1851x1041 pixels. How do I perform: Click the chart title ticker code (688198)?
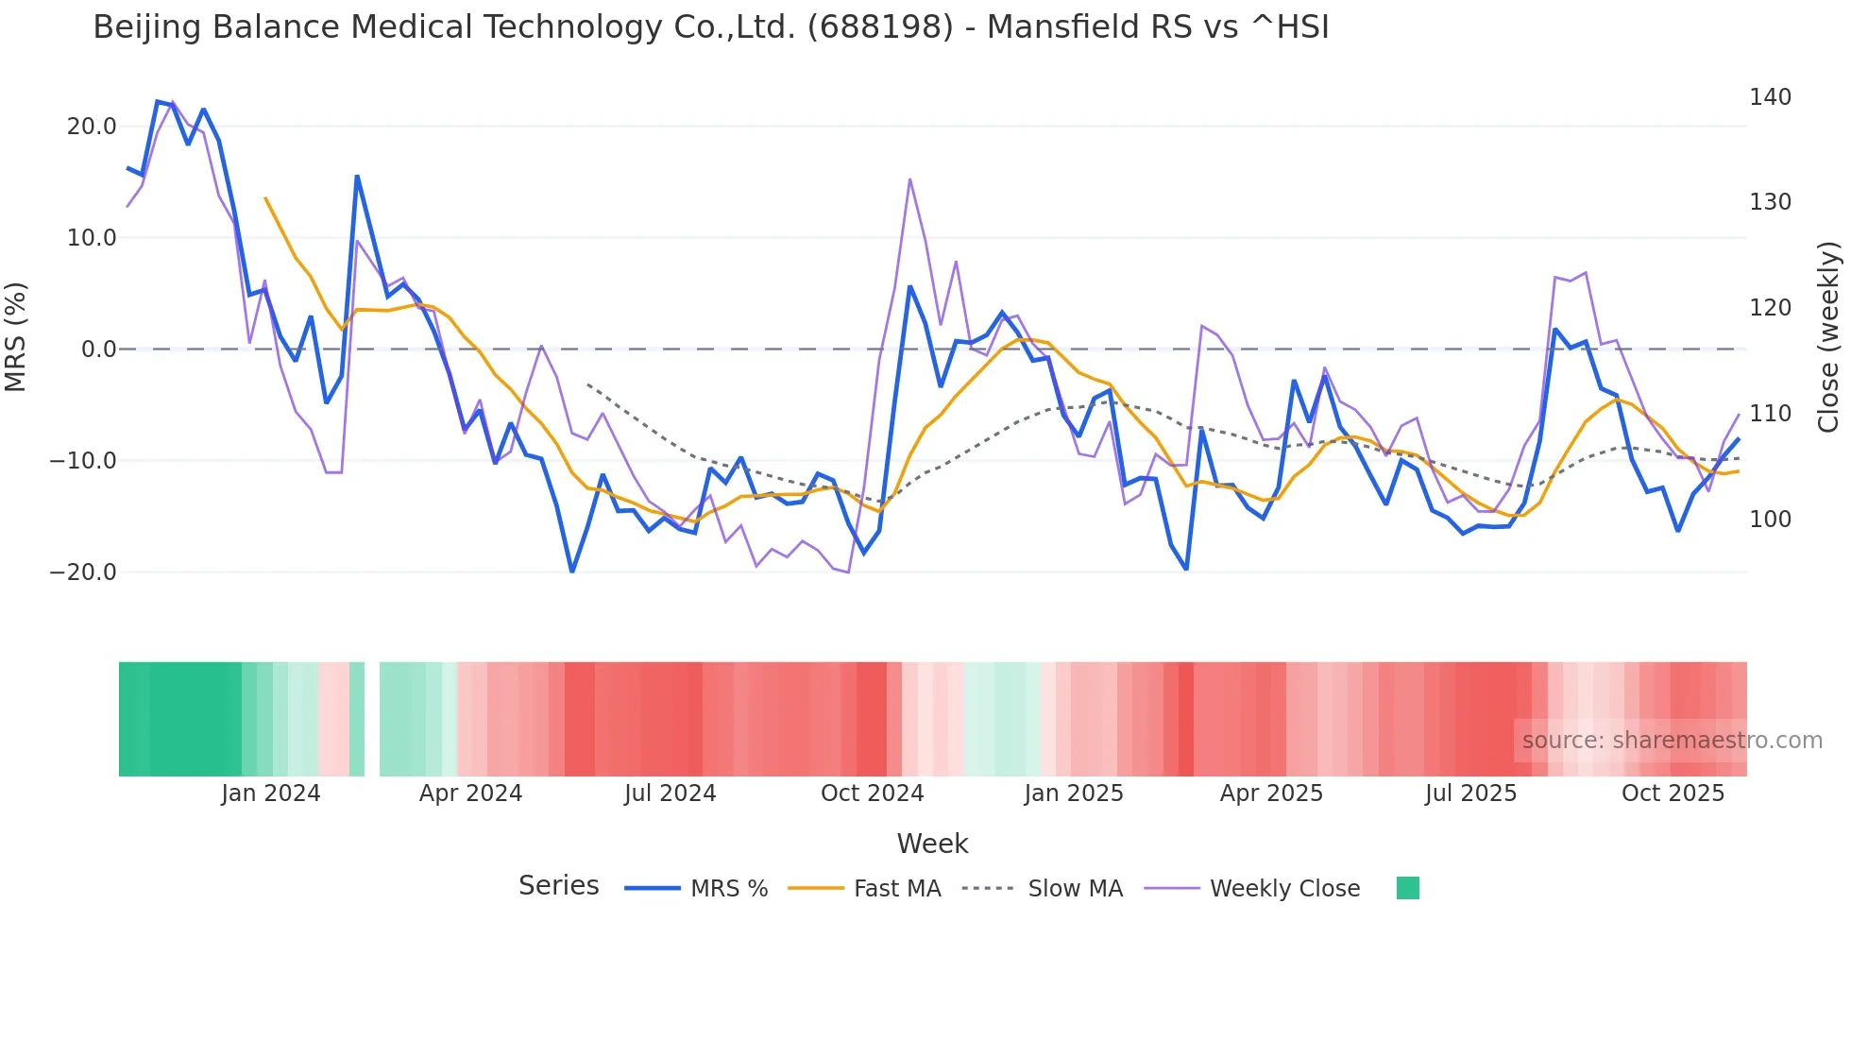coord(879,27)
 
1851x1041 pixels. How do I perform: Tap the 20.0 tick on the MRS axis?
coord(92,127)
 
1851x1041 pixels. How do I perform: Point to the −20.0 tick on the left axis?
coord(83,572)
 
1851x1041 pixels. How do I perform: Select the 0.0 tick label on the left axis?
coord(99,350)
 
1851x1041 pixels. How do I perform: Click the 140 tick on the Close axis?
coord(1770,97)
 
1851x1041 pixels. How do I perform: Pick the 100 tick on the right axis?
coord(1770,520)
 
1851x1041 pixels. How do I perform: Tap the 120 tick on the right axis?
coord(1770,308)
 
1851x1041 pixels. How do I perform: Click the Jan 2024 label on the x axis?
coord(271,794)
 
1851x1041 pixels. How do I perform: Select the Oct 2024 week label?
coord(872,794)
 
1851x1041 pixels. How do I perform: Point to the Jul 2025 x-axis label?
coord(1470,794)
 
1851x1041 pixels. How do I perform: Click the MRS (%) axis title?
coord(16,336)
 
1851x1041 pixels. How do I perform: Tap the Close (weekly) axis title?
coord(1828,337)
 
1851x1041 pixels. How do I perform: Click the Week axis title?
coord(932,844)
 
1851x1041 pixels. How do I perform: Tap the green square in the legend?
coord(1407,888)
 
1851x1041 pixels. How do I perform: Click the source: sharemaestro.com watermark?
coord(1672,741)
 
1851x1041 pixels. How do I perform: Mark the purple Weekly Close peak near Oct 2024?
coord(909,179)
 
